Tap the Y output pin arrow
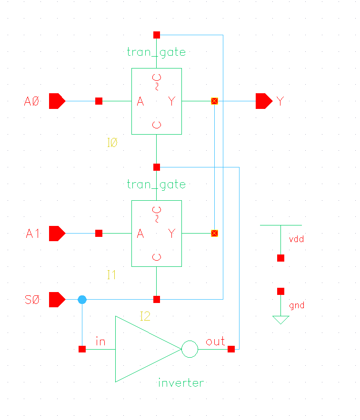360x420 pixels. [263, 101]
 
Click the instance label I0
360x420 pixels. [112, 143]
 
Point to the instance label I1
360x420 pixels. [111, 275]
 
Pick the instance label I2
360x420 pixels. [145, 316]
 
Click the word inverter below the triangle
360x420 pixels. [180, 382]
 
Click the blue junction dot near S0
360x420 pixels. [82, 300]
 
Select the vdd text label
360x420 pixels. [296, 239]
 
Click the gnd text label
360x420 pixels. [296, 305]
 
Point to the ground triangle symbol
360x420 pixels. [281, 320]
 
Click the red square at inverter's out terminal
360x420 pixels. [231, 350]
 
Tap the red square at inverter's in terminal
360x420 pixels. [82, 350]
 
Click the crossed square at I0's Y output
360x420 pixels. [214, 101]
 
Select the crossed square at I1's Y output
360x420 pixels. [214, 234]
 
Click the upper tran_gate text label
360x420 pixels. [156, 52]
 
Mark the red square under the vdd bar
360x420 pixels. [281, 258]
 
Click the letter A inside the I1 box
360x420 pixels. [140, 234]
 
